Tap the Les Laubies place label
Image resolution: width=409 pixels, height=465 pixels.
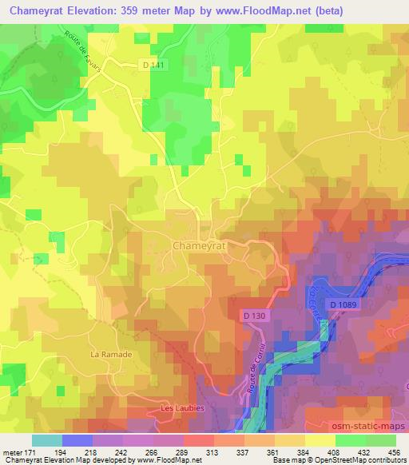[x=184, y=407]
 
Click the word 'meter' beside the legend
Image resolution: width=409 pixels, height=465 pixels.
[x=12, y=452]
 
